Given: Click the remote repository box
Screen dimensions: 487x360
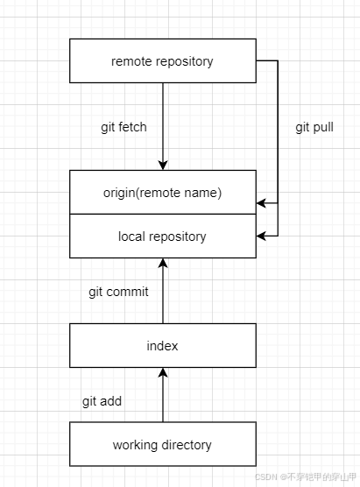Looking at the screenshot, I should coord(162,60).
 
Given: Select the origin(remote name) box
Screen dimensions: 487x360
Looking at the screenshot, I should coord(162,193).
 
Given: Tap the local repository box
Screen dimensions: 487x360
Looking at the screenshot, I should coord(162,236).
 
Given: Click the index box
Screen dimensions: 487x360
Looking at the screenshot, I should coord(162,345).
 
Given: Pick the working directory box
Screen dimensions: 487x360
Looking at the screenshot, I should coord(162,444).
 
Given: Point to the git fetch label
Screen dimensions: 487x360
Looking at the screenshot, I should coord(124,127).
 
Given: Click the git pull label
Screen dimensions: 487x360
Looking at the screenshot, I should coord(314,127).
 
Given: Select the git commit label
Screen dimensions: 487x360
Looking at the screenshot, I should coord(118,292).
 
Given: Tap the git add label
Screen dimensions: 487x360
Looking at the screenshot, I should coord(102,401).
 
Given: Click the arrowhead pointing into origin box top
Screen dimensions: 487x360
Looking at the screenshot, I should coord(162,166).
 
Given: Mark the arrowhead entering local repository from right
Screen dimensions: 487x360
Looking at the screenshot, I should coord(261,236).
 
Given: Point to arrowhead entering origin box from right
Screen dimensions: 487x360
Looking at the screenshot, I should coord(261,203).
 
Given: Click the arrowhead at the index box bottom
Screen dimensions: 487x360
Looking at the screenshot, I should coord(162,372).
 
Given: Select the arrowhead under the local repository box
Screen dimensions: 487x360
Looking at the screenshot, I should coord(162,263).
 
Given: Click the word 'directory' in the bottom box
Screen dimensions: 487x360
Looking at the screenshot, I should coord(186,444).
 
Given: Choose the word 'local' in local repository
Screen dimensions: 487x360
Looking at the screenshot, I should coord(132,236).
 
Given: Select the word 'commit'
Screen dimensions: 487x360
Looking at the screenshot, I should coord(128,292).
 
